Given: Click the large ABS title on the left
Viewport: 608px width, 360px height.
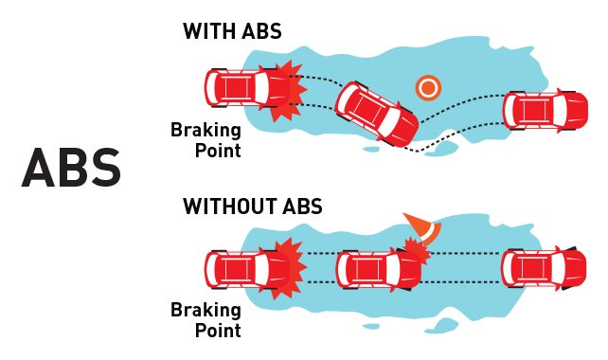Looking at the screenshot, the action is pos(71,168).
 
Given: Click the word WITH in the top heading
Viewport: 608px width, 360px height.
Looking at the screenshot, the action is pos(209,31).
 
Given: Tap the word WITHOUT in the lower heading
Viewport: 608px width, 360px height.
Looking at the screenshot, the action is pos(230,206).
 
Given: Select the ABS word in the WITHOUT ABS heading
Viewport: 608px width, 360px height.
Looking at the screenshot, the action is pos(302,206).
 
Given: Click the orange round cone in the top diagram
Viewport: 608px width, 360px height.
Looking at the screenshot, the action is pos(428,88).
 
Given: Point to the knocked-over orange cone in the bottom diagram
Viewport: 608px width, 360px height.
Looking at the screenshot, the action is pos(424,229).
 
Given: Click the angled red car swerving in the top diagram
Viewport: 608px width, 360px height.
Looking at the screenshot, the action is pos(377,114).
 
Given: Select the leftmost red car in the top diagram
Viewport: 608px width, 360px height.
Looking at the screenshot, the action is pos(247,88).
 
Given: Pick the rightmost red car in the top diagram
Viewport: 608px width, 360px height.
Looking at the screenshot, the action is pos(545,110).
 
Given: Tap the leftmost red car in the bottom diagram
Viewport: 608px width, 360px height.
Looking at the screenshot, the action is pos(247,270).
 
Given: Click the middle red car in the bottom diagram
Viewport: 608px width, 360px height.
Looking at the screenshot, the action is pos(378,270).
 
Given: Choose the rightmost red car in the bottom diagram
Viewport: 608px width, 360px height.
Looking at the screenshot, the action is pos(544,268).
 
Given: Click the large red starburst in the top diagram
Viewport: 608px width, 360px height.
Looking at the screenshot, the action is pos(288,90).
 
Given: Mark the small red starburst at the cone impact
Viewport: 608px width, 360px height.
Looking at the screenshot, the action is pos(418,250).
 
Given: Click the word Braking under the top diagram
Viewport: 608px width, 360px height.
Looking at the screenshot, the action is pos(206,130).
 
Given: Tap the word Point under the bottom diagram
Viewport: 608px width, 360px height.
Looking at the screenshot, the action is pos(218,331).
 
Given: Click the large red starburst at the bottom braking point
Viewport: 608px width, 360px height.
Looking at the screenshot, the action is pos(289,268).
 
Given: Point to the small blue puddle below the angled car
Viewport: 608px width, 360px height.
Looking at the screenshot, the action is pos(370,149).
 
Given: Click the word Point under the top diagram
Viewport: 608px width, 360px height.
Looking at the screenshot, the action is pos(218,151).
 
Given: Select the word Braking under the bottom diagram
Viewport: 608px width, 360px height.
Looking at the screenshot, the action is pos(206,310).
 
